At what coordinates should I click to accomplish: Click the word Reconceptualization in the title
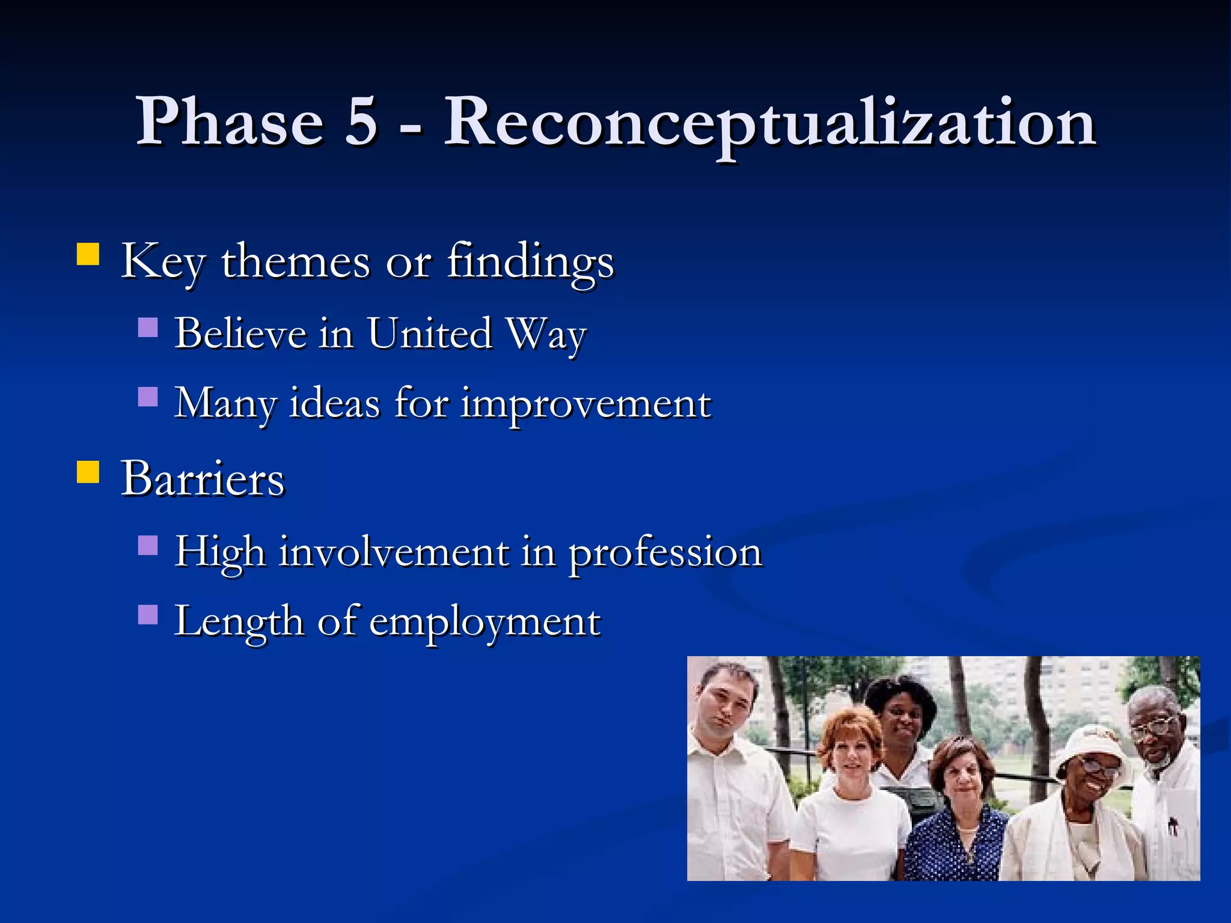[x=769, y=123]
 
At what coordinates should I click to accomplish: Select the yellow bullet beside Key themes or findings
[x=88, y=254]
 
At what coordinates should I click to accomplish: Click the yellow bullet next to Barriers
[x=88, y=472]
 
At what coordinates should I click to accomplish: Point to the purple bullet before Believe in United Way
[x=148, y=328]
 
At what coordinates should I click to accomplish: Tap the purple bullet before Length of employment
[x=148, y=615]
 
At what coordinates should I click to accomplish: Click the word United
[x=430, y=334]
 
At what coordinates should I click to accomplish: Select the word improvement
[x=586, y=404]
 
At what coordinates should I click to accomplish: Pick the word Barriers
[x=203, y=479]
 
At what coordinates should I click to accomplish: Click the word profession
[x=665, y=553]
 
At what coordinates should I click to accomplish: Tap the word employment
[x=484, y=623]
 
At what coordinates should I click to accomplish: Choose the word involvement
[x=394, y=552]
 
